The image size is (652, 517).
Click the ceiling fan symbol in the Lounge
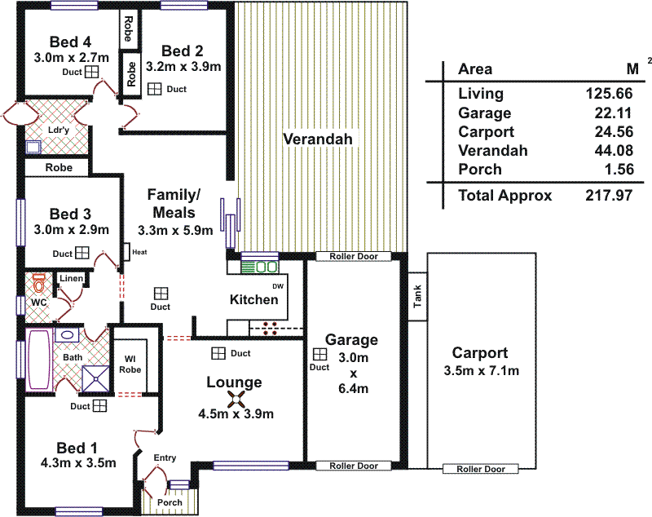236,399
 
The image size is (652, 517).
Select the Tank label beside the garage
418,299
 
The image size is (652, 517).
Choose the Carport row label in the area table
486,132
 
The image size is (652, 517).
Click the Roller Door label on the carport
480,469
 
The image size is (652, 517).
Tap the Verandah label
318,139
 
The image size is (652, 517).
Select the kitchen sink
266,267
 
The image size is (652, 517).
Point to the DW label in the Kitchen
277,286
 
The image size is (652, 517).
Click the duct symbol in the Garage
320,355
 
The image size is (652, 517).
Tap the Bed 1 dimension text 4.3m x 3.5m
77,463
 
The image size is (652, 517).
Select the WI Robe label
130,364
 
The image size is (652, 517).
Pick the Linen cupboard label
71,279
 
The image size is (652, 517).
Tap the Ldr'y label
58,130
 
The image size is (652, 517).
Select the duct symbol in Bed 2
155,88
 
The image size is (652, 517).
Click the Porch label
170,502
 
